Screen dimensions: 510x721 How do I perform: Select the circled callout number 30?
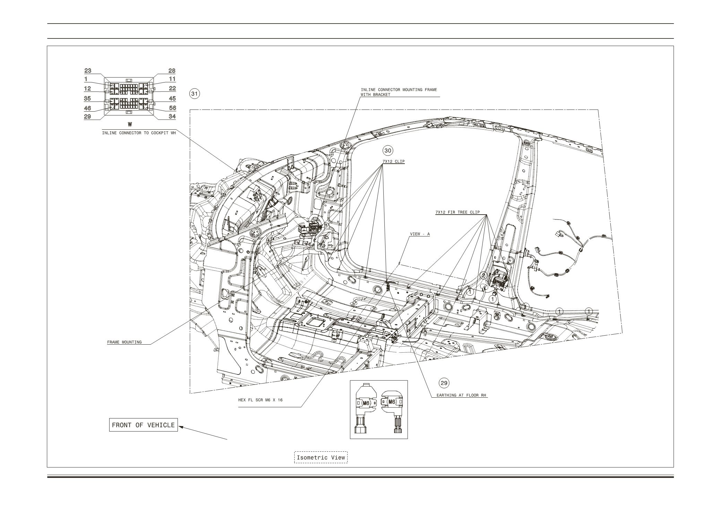click(388, 150)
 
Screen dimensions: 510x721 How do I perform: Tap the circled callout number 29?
click(444, 383)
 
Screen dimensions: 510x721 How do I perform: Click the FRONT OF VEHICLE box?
click(143, 425)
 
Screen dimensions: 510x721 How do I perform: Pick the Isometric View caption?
click(321, 457)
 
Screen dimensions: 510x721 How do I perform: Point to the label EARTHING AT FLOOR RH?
click(460, 395)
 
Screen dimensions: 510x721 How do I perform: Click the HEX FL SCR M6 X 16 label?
click(260, 400)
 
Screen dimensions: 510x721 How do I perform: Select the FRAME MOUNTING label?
click(124, 342)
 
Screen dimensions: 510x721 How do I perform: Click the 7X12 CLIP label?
click(393, 162)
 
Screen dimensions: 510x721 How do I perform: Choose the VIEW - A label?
click(420, 234)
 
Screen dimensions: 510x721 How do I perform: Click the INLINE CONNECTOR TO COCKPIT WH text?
click(139, 133)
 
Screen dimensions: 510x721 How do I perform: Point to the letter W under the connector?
click(130, 124)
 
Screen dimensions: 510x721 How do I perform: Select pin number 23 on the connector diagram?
click(88, 71)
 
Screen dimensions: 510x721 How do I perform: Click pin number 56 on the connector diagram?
click(172, 108)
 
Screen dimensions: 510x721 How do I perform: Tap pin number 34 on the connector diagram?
click(172, 116)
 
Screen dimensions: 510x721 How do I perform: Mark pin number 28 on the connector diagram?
click(172, 71)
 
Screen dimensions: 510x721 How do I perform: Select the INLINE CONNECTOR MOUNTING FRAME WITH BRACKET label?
click(399, 92)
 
